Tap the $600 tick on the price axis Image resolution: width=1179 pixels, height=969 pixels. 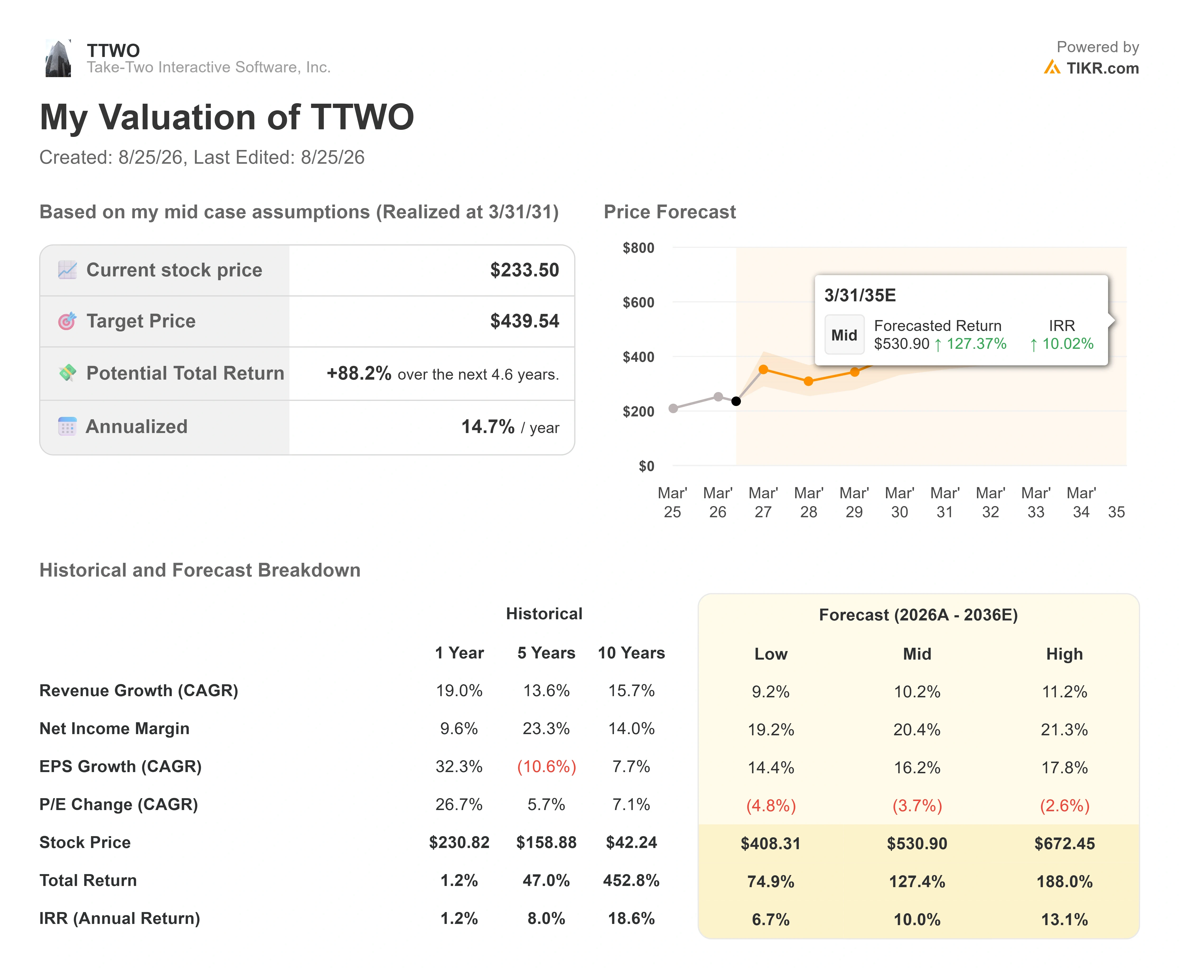click(638, 303)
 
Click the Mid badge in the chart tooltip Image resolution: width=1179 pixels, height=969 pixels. click(844, 335)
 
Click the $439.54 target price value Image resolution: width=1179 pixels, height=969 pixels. click(524, 321)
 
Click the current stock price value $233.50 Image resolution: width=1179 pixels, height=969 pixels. click(524, 270)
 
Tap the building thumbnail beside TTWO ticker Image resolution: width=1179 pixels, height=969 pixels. click(58, 58)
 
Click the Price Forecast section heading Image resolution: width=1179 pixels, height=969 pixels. click(670, 212)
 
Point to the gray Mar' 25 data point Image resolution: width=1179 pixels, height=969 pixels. click(673, 409)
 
